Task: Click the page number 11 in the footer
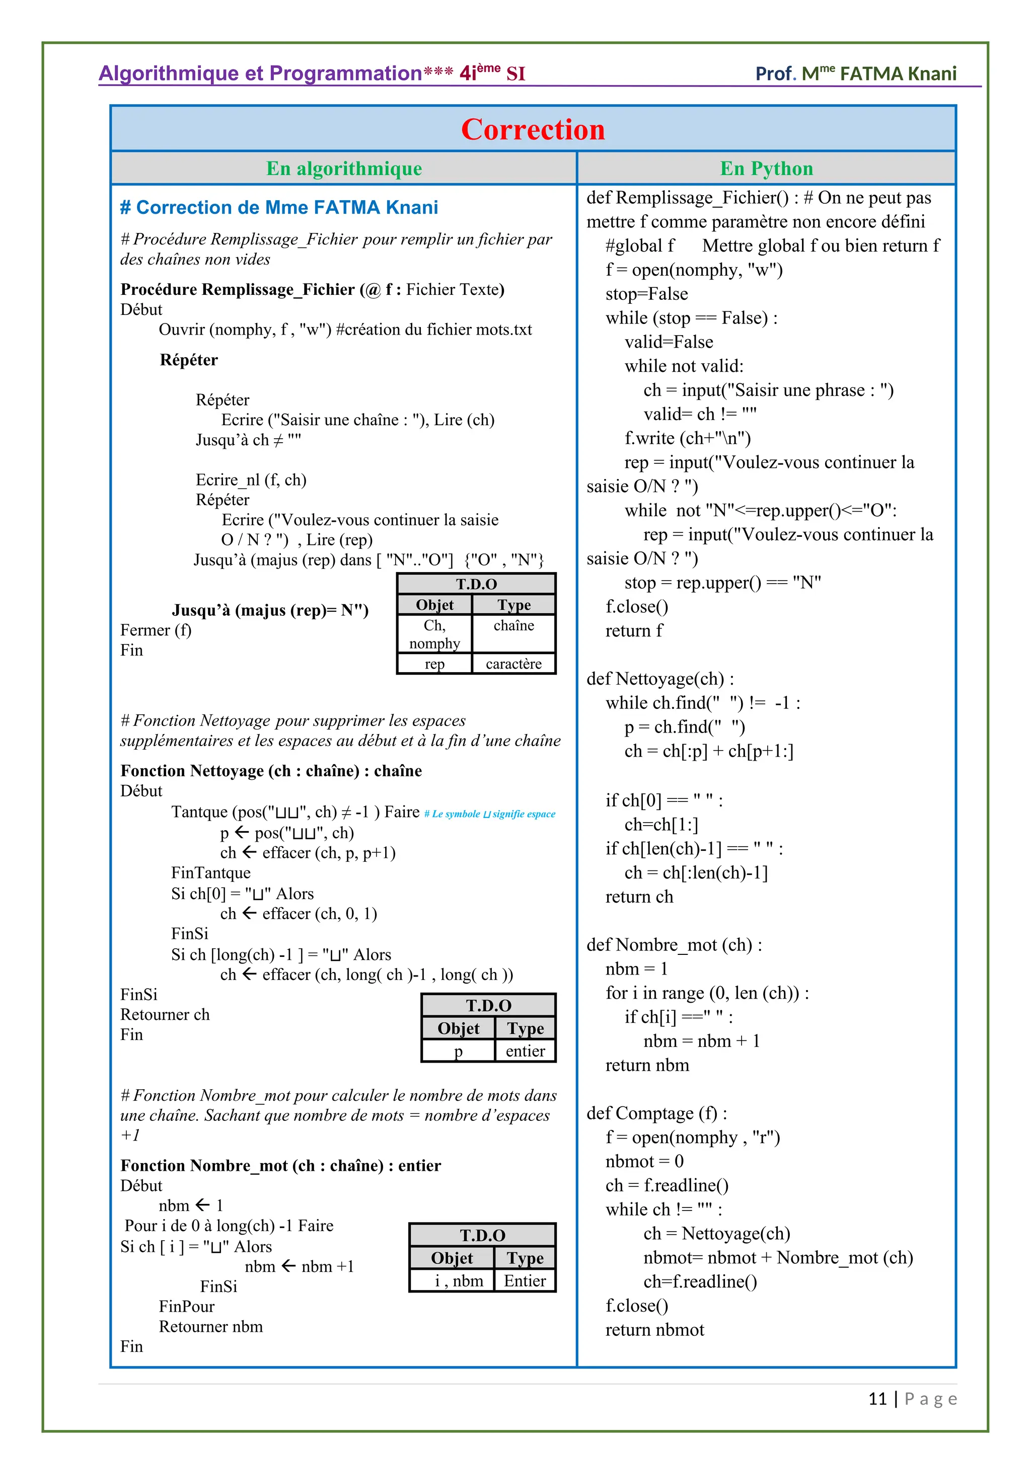click(877, 1399)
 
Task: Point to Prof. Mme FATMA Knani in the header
click(855, 73)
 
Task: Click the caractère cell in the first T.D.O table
click(513, 664)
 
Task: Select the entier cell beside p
click(525, 1051)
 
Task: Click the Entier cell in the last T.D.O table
click(525, 1281)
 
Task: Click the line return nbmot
click(654, 1330)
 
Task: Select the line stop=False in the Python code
click(646, 294)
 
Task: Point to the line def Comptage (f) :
click(656, 1113)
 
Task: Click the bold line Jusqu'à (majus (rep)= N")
click(270, 610)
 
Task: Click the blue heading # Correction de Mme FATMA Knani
click(279, 207)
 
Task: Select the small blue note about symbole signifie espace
click(489, 814)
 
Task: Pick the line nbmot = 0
click(644, 1161)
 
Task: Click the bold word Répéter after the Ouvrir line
click(189, 360)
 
